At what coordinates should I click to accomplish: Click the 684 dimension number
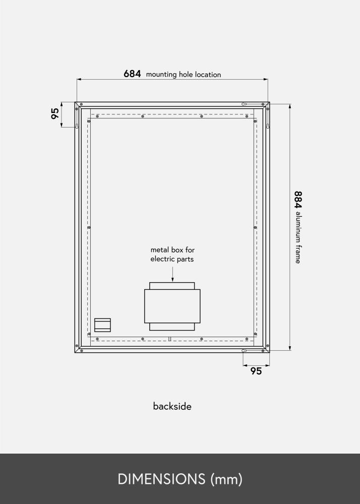[x=132, y=74]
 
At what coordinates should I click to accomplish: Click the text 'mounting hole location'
[x=184, y=75]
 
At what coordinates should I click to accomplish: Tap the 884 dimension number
[x=298, y=200]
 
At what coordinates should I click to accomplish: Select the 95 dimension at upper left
[x=55, y=113]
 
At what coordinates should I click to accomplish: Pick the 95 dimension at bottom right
[x=256, y=371]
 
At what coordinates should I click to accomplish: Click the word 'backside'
[x=172, y=406]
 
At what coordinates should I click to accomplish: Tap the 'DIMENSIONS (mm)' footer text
[x=180, y=479]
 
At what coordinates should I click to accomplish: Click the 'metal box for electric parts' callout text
[x=172, y=255]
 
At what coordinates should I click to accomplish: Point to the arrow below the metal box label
[x=172, y=275]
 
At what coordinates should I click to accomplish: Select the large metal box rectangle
[x=172, y=306]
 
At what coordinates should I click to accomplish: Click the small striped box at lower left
[x=102, y=325]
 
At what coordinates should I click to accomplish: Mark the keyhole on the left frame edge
[x=77, y=126]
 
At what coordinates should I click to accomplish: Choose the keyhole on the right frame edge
[x=268, y=126]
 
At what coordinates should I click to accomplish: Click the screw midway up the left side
[x=89, y=227]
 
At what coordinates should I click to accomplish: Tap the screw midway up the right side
[x=255, y=227]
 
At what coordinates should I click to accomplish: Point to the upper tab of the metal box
[x=172, y=286]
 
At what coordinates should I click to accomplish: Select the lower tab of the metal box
[x=172, y=327]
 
